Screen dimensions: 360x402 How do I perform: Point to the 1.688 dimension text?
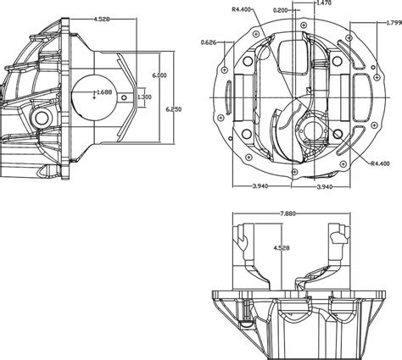[x=104, y=91]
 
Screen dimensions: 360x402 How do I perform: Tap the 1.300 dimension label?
[x=144, y=97]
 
